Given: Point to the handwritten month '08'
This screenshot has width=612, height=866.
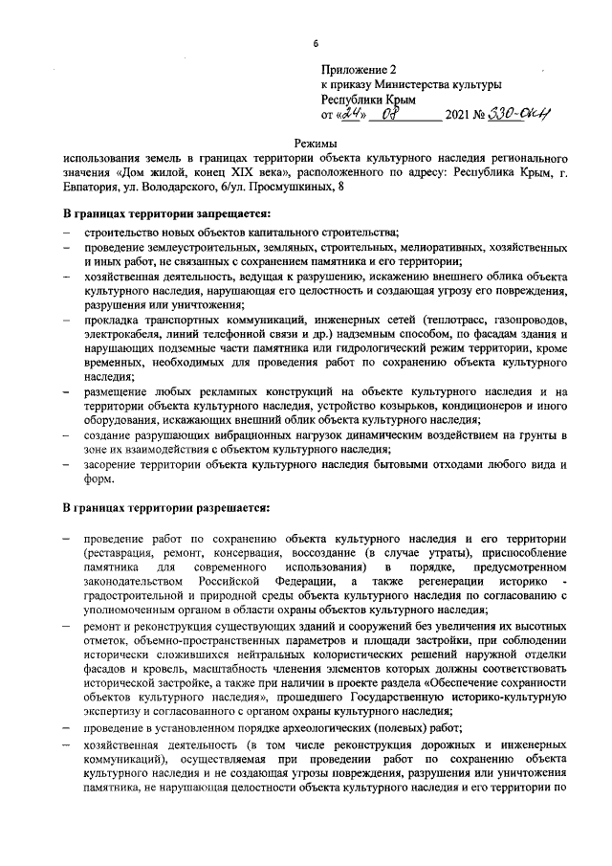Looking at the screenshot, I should click(392, 115).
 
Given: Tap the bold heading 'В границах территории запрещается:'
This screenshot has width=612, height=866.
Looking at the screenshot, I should click(167, 212).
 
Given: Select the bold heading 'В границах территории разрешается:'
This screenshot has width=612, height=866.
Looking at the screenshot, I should click(166, 507).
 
